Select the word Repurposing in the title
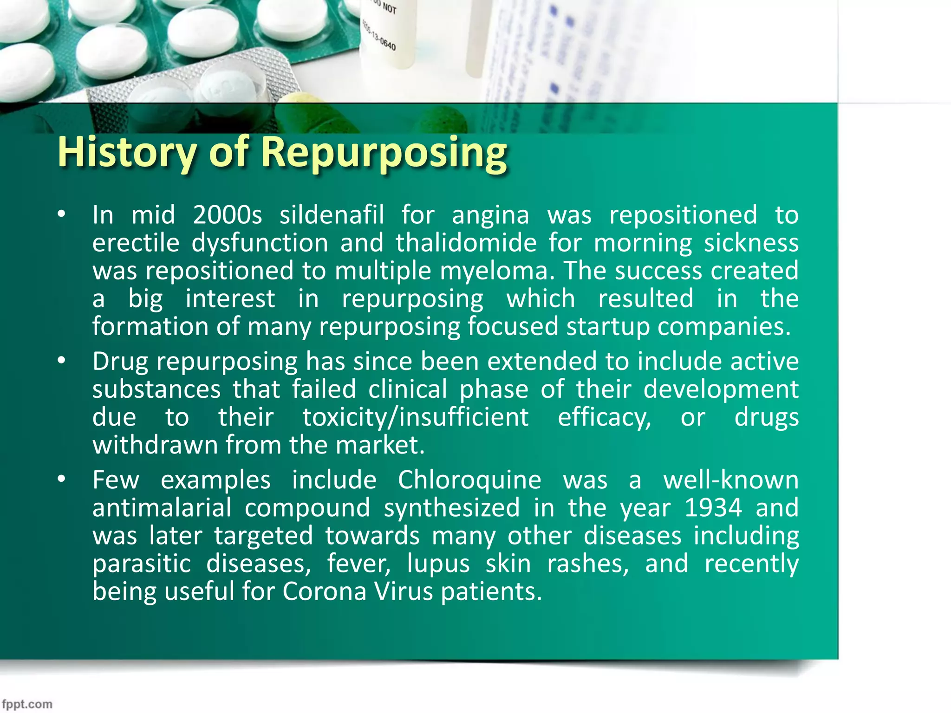click(x=384, y=152)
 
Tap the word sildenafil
click(x=332, y=215)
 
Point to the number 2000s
click(x=228, y=215)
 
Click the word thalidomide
click(x=466, y=243)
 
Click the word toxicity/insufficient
click(x=416, y=417)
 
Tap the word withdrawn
click(x=155, y=445)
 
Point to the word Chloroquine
click(x=469, y=480)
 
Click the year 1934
click(x=713, y=508)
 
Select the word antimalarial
click(x=162, y=508)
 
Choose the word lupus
click(x=438, y=564)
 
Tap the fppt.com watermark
click(x=27, y=704)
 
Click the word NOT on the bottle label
click(x=389, y=8)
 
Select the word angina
click(x=490, y=215)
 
